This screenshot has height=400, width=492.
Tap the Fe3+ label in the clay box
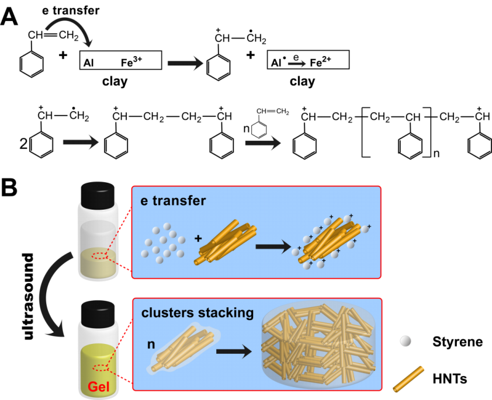coord(131,62)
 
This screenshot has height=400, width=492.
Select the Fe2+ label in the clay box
coord(320,62)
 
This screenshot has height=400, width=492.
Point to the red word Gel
coord(99,387)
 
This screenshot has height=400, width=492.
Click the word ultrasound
coord(29,296)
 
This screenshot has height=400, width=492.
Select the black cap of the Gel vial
coord(98,314)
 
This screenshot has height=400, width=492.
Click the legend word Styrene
coord(458,342)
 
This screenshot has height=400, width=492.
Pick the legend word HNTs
coord(450,379)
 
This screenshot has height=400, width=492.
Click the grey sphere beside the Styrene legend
coord(406,341)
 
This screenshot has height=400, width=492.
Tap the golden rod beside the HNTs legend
coord(408,379)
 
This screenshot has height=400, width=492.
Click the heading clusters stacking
coord(198,313)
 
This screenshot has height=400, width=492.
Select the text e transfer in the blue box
coord(173,201)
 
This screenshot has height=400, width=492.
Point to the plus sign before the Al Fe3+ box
coord(63,55)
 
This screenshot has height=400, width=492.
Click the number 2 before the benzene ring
coord(24,144)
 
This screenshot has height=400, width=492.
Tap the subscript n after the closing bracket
coord(436,154)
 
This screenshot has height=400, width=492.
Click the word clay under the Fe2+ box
coord(302,82)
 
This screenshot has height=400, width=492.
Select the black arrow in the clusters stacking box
coord(234,351)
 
